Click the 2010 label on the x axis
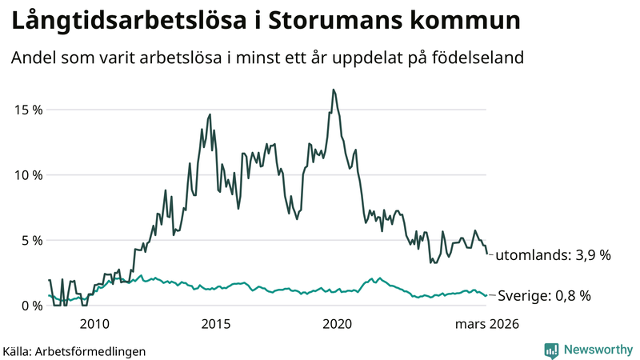94,324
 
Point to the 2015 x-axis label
216,324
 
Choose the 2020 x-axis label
337,324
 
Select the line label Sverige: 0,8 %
544,296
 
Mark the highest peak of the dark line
334,90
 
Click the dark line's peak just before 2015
210,114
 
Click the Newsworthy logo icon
551,350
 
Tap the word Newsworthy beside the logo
597,350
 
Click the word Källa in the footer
18,350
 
